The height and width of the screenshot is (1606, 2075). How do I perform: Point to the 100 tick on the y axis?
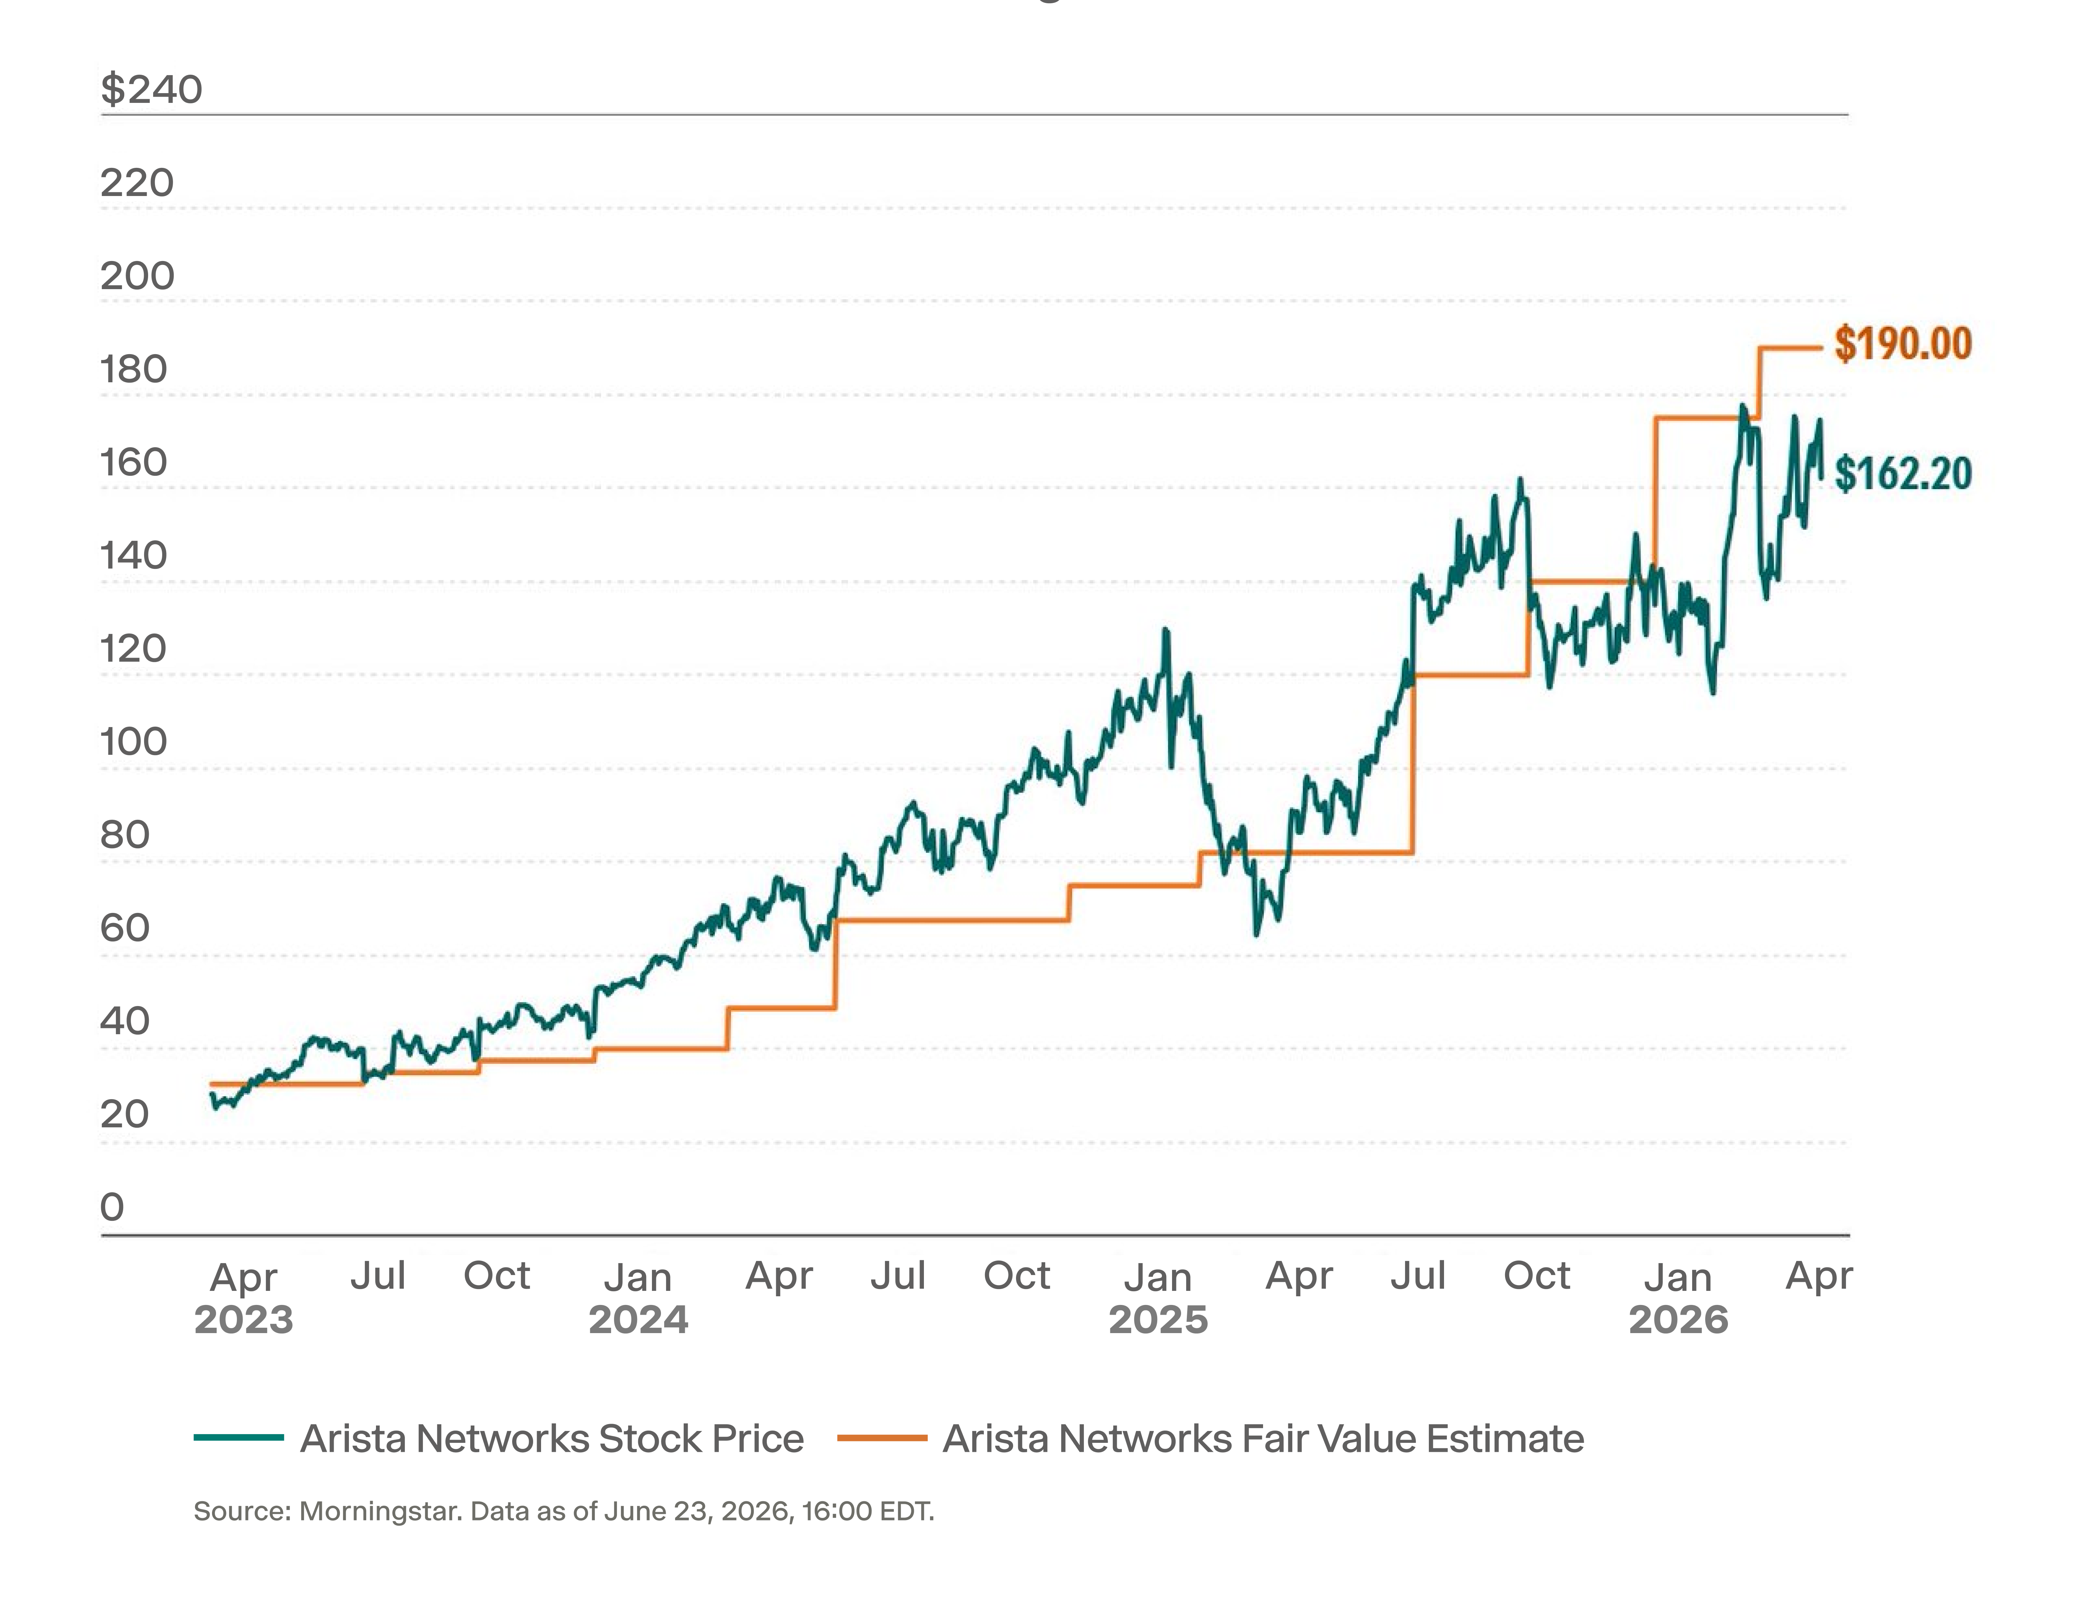point(133,742)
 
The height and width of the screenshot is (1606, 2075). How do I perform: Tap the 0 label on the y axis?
point(112,1207)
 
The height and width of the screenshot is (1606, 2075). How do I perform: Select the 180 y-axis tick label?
point(133,369)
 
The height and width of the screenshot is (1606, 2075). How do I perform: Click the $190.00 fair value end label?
point(1903,344)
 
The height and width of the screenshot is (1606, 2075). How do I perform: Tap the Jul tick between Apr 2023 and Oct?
point(378,1275)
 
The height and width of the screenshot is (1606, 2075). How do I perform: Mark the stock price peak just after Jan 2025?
point(1166,630)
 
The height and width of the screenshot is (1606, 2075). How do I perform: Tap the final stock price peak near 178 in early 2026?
point(1742,406)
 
